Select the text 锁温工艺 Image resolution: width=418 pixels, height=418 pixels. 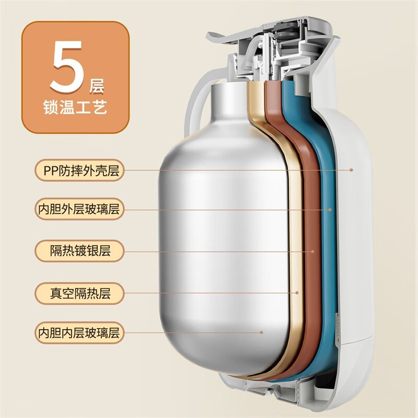[75, 109]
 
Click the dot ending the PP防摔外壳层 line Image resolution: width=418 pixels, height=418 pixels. [352, 169]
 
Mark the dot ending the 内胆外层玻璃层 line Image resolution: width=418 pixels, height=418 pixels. [330, 210]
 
